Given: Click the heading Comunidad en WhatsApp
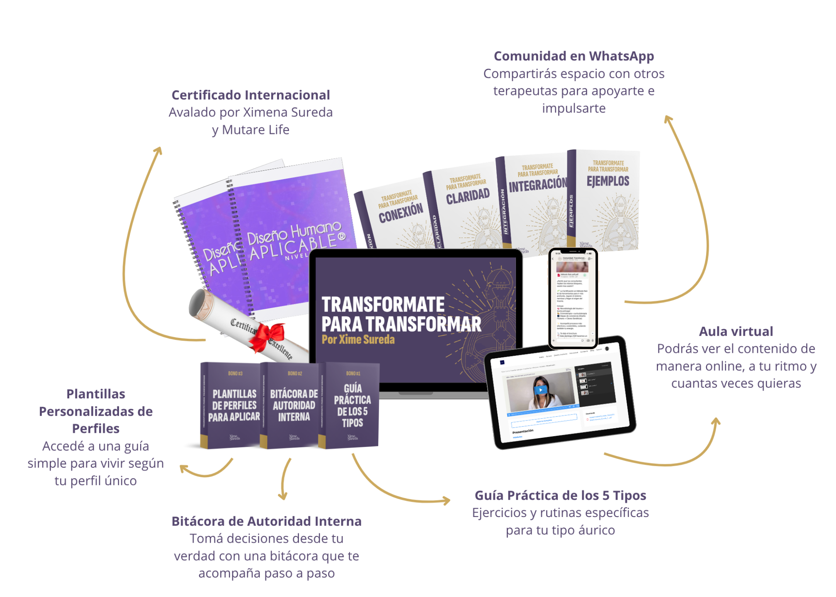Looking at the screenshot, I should [x=574, y=56].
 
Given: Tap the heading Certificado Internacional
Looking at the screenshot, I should [x=250, y=95].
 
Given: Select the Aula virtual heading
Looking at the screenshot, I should [x=736, y=331].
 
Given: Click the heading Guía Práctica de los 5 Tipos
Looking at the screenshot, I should [x=560, y=495].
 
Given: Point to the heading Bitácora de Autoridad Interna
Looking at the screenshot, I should [x=266, y=521].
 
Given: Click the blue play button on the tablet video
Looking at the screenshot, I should [x=540, y=390].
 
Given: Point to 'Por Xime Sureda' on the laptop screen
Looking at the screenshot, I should [x=358, y=340].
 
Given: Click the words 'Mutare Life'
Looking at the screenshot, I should [x=255, y=130].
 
